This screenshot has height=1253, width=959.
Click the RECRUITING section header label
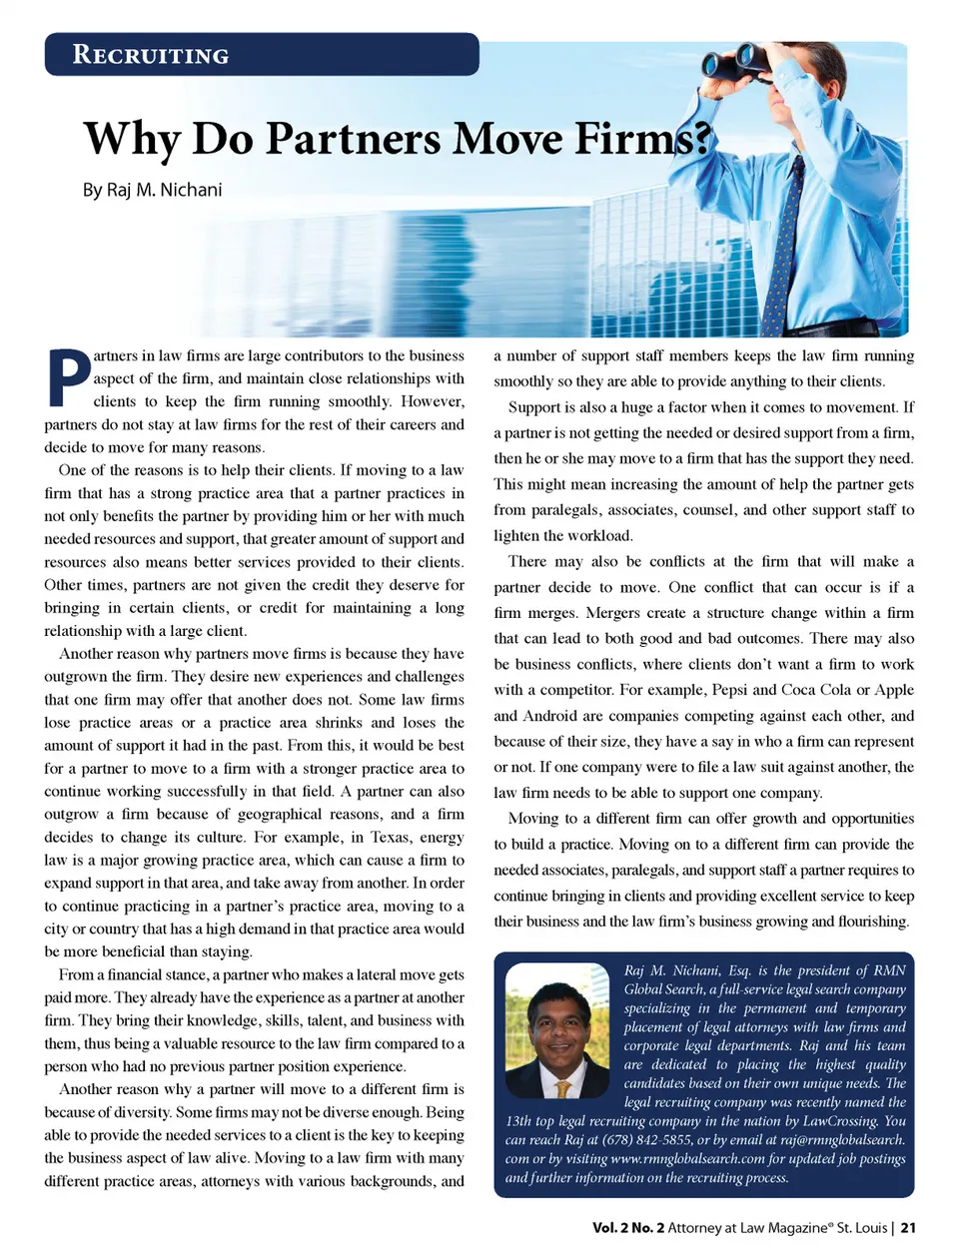click(151, 55)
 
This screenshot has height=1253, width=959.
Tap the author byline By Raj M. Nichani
click(152, 190)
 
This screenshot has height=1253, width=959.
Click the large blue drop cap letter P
click(68, 377)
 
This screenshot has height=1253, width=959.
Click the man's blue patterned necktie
click(787, 250)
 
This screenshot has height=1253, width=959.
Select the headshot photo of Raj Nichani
click(557, 1029)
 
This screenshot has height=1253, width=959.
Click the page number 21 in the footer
click(908, 1228)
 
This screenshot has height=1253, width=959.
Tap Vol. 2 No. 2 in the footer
click(627, 1228)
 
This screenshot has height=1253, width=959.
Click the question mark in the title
click(701, 139)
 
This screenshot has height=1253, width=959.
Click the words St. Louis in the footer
click(862, 1228)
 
